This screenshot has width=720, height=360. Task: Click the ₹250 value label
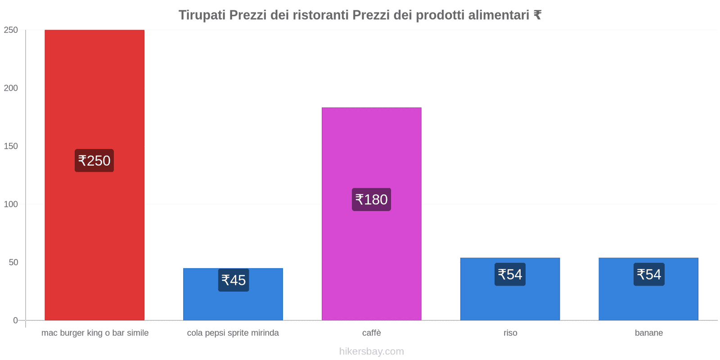(94, 161)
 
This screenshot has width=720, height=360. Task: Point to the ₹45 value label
(234, 280)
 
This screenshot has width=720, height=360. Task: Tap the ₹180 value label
(371, 199)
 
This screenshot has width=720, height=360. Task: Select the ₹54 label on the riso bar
(510, 274)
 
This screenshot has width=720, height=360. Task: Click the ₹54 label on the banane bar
(649, 274)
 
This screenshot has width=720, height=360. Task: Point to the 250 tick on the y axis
(11, 30)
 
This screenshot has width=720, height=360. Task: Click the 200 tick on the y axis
(11, 88)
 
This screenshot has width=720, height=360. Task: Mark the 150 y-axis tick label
(11, 146)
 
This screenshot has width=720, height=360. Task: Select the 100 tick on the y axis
(11, 204)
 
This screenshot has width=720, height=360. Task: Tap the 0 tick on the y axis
(15, 320)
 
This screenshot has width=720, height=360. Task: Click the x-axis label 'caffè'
(371, 333)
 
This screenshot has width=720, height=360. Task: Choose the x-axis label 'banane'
(648, 333)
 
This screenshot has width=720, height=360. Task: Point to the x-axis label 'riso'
(510, 333)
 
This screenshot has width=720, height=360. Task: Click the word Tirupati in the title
(202, 15)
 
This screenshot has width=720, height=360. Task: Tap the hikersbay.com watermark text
(371, 351)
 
